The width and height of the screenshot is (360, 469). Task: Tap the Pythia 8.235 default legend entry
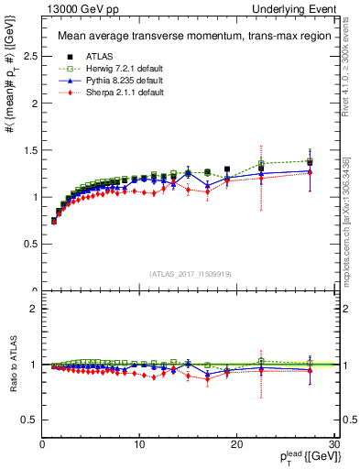click(x=113, y=80)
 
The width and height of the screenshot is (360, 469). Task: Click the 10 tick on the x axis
click(x=139, y=444)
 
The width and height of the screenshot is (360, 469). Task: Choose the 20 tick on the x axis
click(x=236, y=444)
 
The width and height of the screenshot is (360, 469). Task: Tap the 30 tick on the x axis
click(x=333, y=444)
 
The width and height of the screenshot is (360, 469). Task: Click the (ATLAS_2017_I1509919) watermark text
click(x=189, y=273)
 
